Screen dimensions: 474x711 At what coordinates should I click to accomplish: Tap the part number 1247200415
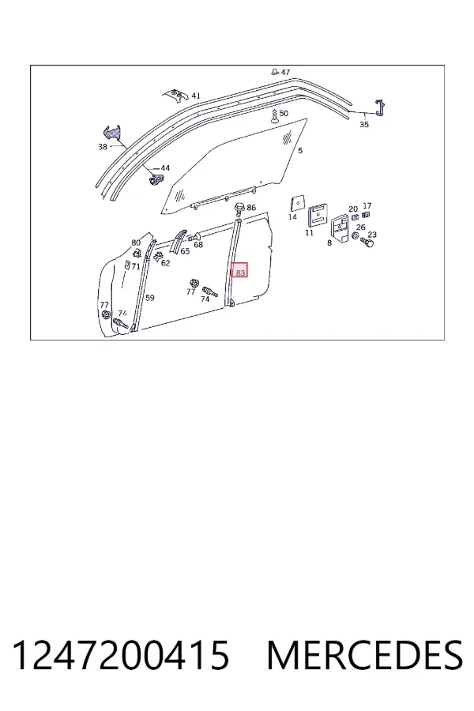[x=120, y=655]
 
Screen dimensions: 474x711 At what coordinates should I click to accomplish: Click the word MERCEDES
[x=365, y=655]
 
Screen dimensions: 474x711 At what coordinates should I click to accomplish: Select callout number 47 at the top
[x=285, y=72]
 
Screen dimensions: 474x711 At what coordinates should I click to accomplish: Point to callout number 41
[x=195, y=96]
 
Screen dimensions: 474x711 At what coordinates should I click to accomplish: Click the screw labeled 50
[x=274, y=116]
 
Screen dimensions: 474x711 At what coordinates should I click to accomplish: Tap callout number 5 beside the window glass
[x=300, y=151]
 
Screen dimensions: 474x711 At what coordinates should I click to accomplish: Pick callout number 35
[x=364, y=124]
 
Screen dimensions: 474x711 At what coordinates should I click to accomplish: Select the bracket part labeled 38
[x=113, y=134]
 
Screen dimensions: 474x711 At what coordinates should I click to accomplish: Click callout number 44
[x=165, y=168]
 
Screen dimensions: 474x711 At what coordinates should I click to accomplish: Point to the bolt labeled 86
[x=239, y=210]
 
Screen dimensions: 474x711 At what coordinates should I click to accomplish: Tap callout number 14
[x=292, y=217]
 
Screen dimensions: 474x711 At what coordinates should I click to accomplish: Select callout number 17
[x=367, y=206]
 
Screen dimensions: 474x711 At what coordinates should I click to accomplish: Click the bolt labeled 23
[x=367, y=243]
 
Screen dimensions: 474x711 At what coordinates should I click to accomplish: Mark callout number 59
[x=150, y=298]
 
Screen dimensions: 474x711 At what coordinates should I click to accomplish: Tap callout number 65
[x=185, y=251]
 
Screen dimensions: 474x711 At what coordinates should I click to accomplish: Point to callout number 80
[x=136, y=243]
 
